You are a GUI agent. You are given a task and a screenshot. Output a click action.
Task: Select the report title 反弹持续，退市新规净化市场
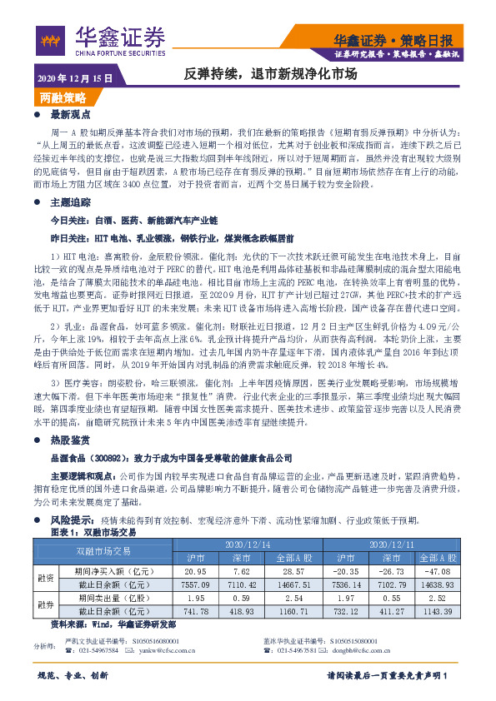coord(270,74)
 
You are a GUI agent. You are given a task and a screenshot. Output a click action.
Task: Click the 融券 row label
coord(44,604)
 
